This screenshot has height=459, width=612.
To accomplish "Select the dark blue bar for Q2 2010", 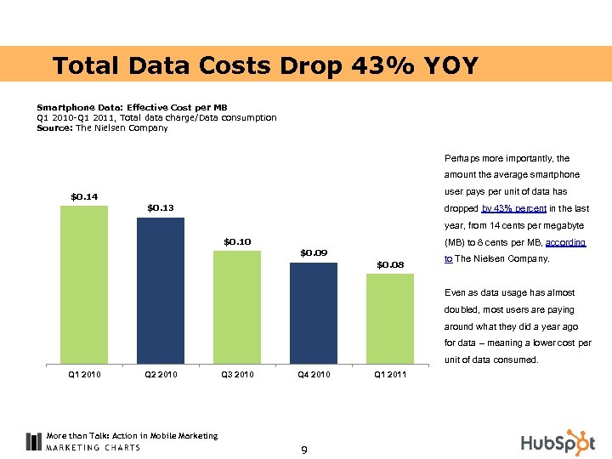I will [161, 291].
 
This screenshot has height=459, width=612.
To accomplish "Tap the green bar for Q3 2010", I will [237, 307].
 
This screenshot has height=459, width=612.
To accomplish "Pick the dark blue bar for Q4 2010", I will [314, 313].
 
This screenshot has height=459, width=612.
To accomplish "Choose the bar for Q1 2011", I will [390, 319].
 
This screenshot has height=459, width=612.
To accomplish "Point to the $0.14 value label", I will [84, 197].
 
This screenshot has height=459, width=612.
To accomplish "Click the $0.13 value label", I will [161, 208].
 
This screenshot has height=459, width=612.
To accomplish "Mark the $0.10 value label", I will [237, 242].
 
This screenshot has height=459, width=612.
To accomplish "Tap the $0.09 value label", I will [314, 252].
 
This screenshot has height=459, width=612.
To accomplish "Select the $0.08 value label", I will [390, 264].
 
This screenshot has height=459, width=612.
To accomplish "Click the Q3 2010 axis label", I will [237, 374].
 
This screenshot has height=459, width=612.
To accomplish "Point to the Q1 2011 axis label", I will [390, 374].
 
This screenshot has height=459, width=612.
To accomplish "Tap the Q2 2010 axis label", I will [161, 374].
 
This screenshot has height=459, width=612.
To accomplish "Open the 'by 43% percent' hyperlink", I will [515, 209].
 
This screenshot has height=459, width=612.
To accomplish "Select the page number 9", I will [304, 450].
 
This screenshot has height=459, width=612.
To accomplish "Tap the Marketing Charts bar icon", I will [34, 441].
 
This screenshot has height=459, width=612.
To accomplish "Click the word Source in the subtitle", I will [54, 128].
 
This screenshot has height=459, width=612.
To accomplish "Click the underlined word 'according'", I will [565, 242].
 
